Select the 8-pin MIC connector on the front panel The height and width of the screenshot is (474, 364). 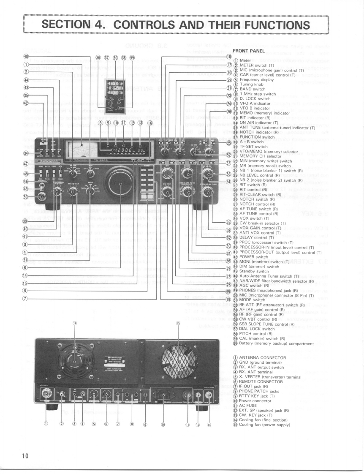tap(42, 196)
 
